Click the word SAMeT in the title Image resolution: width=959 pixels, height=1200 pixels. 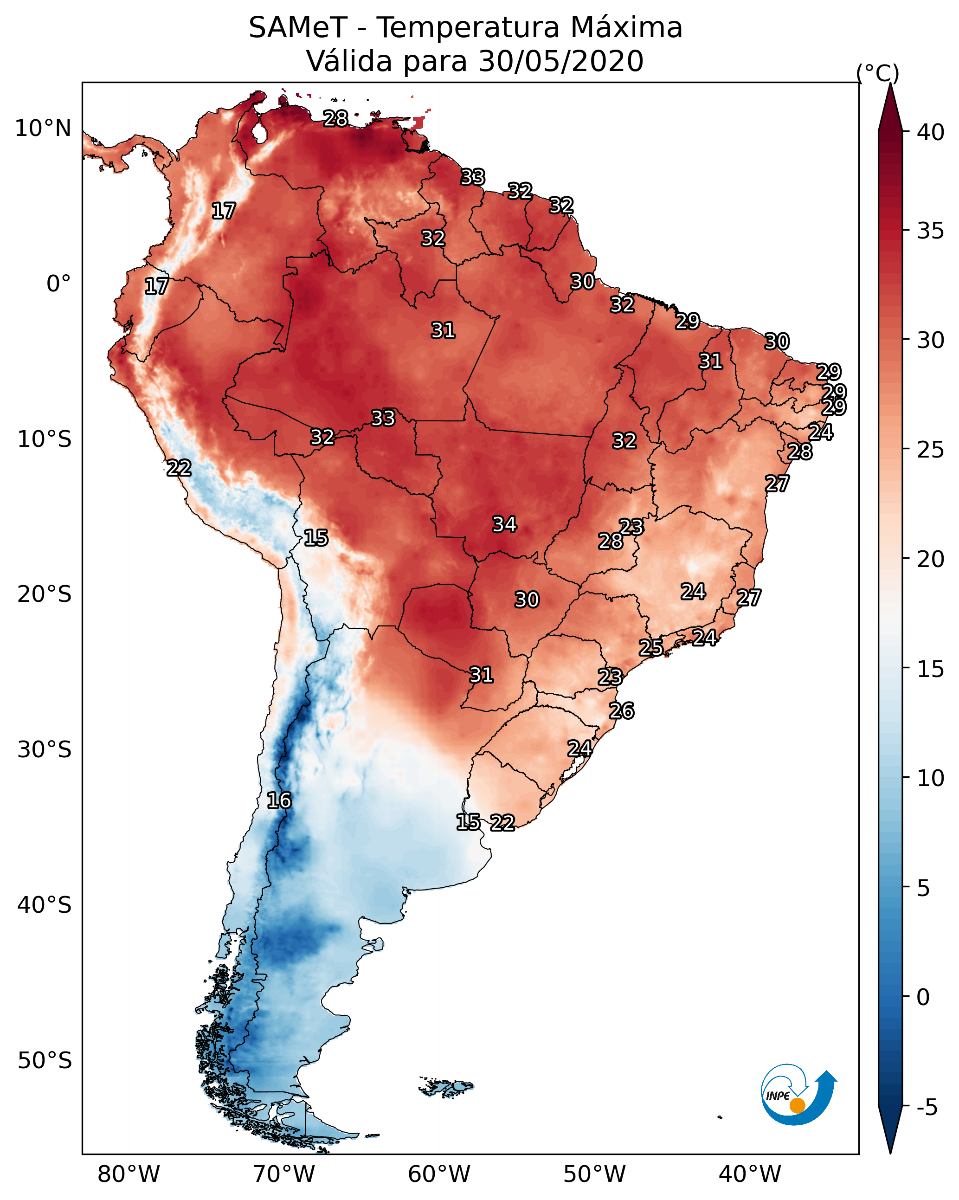[x=298, y=28]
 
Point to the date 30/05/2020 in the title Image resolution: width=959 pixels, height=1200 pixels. [x=560, y=61]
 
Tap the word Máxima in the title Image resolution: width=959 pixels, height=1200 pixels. [x=625, y=28]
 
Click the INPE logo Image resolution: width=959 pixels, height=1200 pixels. [x=798, y=1095]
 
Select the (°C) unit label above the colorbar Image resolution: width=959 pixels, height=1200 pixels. [x=877, y=73]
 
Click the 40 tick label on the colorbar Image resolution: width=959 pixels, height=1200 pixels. [x=931, y=132]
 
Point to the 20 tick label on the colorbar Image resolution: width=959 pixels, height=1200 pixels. [x=931, y=559]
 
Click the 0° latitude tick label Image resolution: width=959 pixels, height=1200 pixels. [x=58, y=284]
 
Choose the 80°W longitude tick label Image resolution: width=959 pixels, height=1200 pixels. [x=129, y=1174]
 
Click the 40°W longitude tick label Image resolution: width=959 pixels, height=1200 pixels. [x=750, y=1174]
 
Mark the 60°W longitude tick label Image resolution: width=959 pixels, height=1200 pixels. [x=439, y=1174]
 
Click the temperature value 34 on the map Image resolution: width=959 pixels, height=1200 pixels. [x=504, y=524]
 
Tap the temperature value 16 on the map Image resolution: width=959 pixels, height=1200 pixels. [x=279, y=800]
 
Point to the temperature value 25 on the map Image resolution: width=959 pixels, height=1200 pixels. [x=650, y=647]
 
